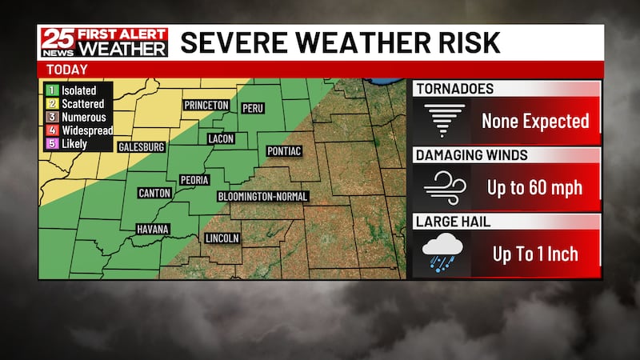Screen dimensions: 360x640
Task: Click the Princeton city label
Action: point(206,105)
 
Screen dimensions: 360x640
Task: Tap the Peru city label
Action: point(252,108)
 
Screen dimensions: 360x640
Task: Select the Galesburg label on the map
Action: point(141,147)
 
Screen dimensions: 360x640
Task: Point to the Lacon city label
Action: point(221,138)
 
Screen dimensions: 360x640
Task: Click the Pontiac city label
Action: point(284,151)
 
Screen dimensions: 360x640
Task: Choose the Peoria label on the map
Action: point(194,180)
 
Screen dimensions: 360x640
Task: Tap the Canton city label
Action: point(154,193)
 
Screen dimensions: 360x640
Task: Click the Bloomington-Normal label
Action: point(262,196)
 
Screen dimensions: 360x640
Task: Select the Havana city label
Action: point(152,230)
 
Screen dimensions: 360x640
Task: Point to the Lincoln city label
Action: point(222,238)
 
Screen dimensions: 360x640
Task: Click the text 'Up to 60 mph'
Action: point(534,188)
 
